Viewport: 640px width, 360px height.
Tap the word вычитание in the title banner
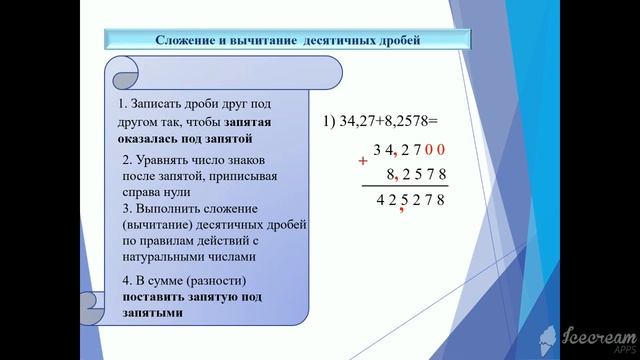[254, 41]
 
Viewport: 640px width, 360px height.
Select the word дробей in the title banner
[394, 41]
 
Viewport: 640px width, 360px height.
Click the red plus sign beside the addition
[363, 160]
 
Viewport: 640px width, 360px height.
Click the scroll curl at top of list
[121, 70]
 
